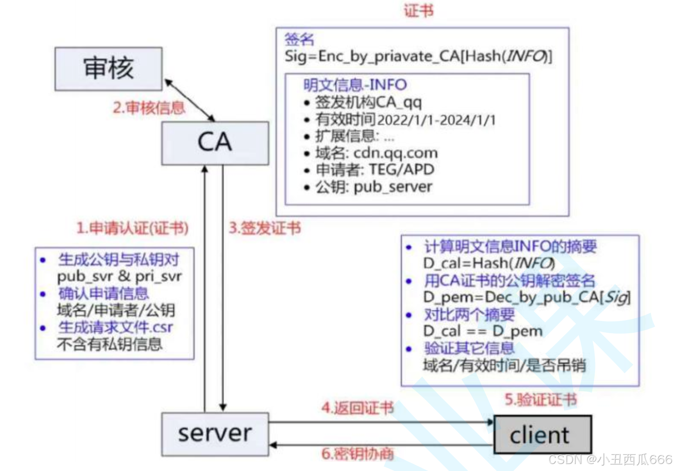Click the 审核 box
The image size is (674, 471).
tap(108, 69)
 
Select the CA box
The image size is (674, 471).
tap(215, 143)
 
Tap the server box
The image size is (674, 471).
tap(215, 434)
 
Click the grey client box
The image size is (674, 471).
tap(542, 435)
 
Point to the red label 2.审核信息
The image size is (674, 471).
tap(149, 108)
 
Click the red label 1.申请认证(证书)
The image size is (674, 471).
tap(132, 228)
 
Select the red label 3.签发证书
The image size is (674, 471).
tap(265, 228)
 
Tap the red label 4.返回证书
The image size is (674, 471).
tap(357, 408)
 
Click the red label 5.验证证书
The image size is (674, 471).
tap(541, 399)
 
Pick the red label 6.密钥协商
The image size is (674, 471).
tap(357, 454)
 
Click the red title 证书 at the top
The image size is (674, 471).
tap(418, 11)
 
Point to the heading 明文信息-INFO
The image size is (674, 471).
tap(355, 85)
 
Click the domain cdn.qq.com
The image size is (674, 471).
tap(395, 153)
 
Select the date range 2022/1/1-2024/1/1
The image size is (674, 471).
tap(436, 119)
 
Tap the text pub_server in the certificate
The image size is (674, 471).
tap(393, 187)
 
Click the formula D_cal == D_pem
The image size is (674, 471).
tap(482, 331)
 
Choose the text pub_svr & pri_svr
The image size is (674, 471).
tap(119, 276)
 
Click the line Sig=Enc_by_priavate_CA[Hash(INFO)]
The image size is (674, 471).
tap(418, 56)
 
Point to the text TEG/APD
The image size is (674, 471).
tap(401, 170)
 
